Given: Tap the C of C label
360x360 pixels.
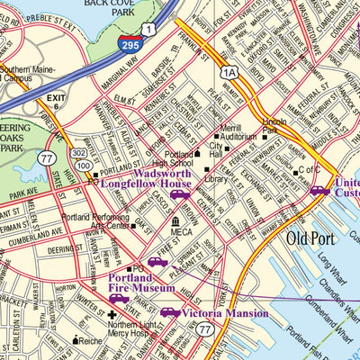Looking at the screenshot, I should tap(310, 170).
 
